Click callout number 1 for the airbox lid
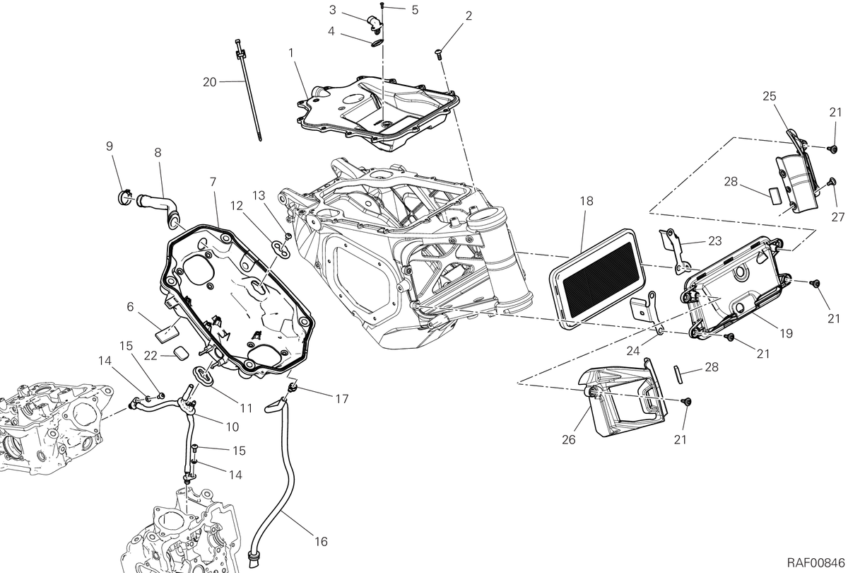coord(290,53)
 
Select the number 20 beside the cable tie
coord(209,82)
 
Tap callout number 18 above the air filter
coord(587,201)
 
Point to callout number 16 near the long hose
coord(321,542)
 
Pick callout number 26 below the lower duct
coord(569,439)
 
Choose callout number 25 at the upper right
coord(770,96)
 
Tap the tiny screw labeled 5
coord(382,5)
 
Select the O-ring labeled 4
coord(377,44)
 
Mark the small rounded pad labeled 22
coord(182,353)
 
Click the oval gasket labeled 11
coord(204,375)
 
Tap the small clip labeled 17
coord(293,387)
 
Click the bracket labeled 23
coord(676,251)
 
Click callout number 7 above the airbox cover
coord(213,183)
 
